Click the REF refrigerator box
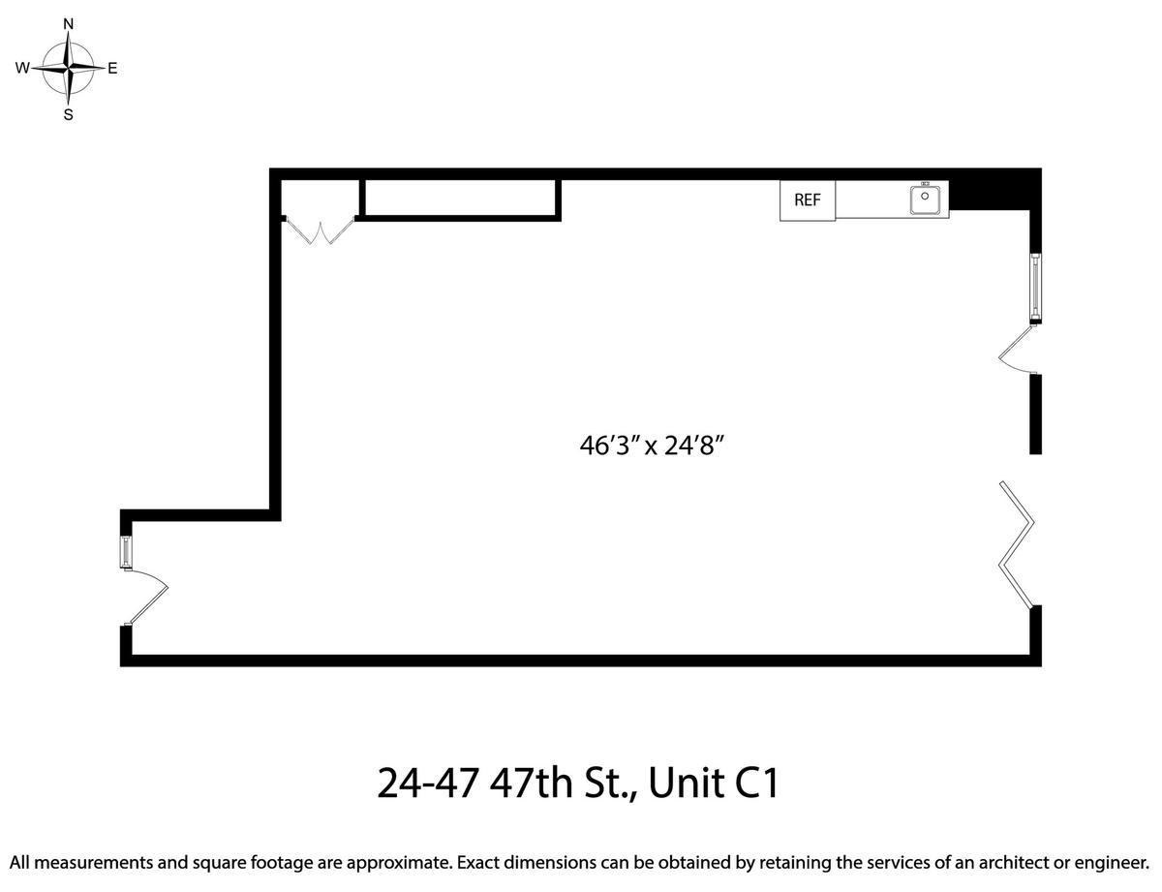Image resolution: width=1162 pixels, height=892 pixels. pyautogui.click(x=808, y=200)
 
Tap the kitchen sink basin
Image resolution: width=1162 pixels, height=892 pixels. pyautogui.click(x=925, y=200)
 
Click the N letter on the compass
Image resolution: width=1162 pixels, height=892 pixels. pyautogui.click(x=69, y=24)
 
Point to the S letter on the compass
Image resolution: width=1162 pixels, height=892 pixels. pyautogui.click(x=69, y=115)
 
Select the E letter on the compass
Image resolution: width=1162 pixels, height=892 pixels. pyautogui.click(x=112, y=69)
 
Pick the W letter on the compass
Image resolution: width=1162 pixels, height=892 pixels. pyautogui.click(x=22, y=69)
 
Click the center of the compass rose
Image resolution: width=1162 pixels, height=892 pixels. pyautogui.click(x=68, y=68)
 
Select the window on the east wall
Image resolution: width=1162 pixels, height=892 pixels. pyautogui.click(x=1036, y=289)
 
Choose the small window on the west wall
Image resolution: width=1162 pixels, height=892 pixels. pyautogui.click(x=126, y=552)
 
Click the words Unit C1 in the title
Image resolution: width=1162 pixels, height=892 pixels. pyautogui.click(x=714, y=783)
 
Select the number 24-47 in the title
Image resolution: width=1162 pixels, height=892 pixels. pyautogui.click(x=427, y=783)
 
